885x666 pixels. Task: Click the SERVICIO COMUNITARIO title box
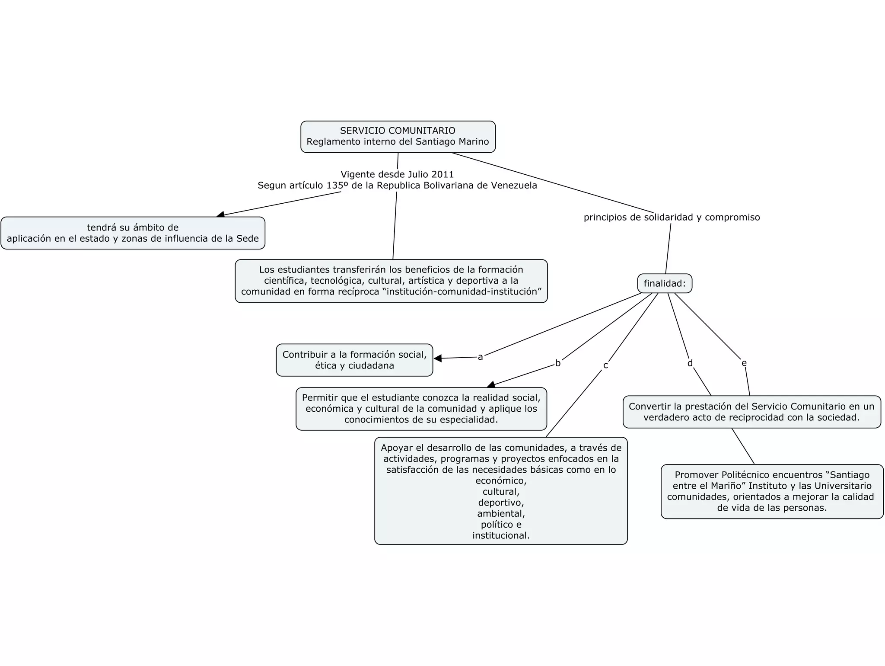[x=398, y=137]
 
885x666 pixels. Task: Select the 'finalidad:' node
[x=665, y=284]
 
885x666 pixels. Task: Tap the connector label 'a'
[x=480, y=357]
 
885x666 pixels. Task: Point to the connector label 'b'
[x=558, y=363]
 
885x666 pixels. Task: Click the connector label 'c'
[x=605, y=365]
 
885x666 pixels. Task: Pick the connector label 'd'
[x=690, y=363]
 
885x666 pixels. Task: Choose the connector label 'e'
[x=744, y=363]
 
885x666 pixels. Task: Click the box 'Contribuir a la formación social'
[x=354, y=360]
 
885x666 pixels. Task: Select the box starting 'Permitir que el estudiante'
[x=421, y=409]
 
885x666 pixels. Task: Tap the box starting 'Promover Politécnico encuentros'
[x=772, y=491]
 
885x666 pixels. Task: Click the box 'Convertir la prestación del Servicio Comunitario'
[x=751, y=412]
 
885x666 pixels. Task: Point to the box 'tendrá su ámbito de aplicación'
[x=133, y=233]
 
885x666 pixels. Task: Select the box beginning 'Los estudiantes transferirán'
[x=391, y=281]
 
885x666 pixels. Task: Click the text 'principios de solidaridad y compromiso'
[x=672, y=218]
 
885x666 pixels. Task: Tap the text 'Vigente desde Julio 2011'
[x=397, y=174]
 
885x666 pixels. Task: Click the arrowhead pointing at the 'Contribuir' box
[x=438, y=358]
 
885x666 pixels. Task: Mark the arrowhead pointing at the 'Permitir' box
[x=491, y=384]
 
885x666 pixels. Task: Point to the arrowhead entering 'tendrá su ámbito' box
[x=221, y=214]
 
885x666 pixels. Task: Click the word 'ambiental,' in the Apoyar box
[x=501, y=514]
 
